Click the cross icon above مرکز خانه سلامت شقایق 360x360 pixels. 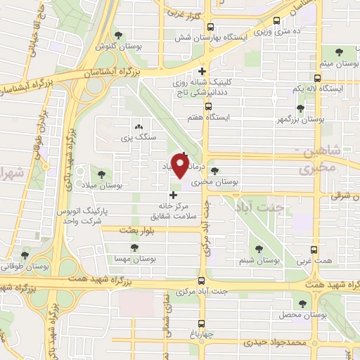point(173,195)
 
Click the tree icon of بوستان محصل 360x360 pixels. point(302,303)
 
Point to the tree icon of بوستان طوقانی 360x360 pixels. point(26,255)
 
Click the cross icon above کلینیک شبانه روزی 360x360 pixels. point(202,71)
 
